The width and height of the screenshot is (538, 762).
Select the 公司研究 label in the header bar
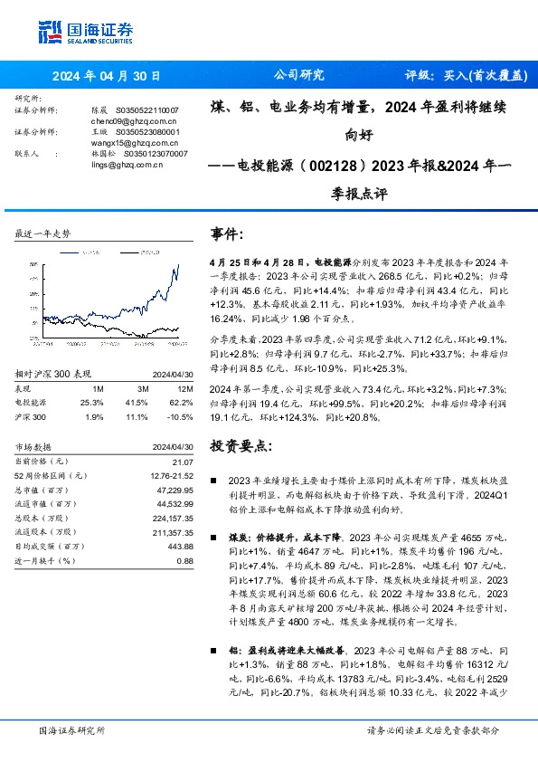click(x=298, y=76)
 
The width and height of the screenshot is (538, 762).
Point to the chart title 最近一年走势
click(x=42, y=233)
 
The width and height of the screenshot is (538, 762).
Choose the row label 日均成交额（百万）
click(x=49, y=547)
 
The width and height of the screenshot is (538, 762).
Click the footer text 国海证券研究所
click(x=71, y=729)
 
